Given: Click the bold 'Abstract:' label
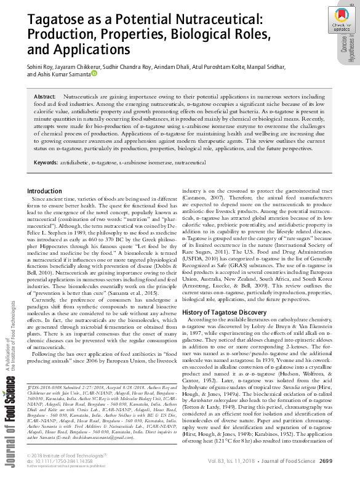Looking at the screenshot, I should [45, 98].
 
